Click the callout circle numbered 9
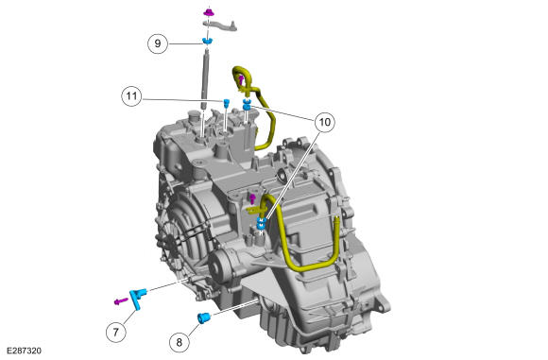click(158, 43)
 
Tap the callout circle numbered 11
click(131, 95)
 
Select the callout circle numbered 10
click(325, 122)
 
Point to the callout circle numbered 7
click(116, 332)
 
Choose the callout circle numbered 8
click(180, 342)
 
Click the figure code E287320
click(24, 351)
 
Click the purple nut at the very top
click(209, 12)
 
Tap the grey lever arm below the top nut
click(220, 26)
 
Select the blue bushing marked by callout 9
click(208, 41)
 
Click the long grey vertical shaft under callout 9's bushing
click(206, 79)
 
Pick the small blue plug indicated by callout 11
click(226, 103)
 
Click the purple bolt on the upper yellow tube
click(241, 80)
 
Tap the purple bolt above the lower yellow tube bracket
click(252, 199)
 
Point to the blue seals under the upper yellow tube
click(247, 104)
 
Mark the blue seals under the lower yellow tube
click(261, 224)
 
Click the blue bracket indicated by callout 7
click(136, 297)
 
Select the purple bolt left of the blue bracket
click(121, 300)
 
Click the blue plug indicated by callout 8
click(204, 318)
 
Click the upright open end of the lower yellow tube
click(337, 220)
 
